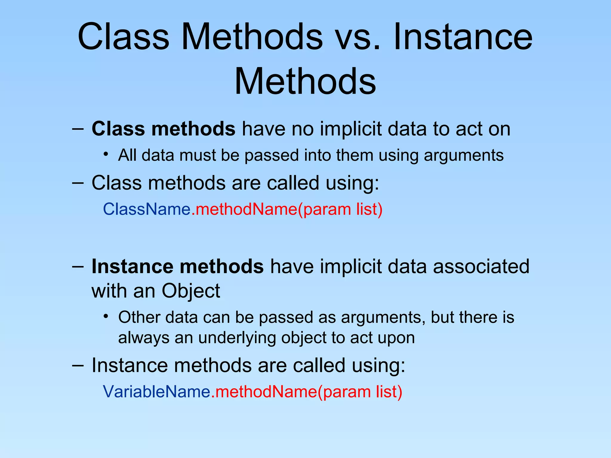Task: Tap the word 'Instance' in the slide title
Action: pos(463,37)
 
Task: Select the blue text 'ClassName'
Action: pos(146,209)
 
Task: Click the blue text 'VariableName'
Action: pos(157,392)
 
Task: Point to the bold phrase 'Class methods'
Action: pos(163,129)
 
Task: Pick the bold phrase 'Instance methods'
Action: pos(178,266)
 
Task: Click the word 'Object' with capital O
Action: pos(191,291)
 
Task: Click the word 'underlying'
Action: pos(237,338)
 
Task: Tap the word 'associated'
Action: pos(481,266)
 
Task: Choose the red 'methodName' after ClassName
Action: pos(246,209)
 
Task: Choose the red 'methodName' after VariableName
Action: pos(266,392)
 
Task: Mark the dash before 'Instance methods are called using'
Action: pos(78,365)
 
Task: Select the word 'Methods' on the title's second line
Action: pos(305,81)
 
